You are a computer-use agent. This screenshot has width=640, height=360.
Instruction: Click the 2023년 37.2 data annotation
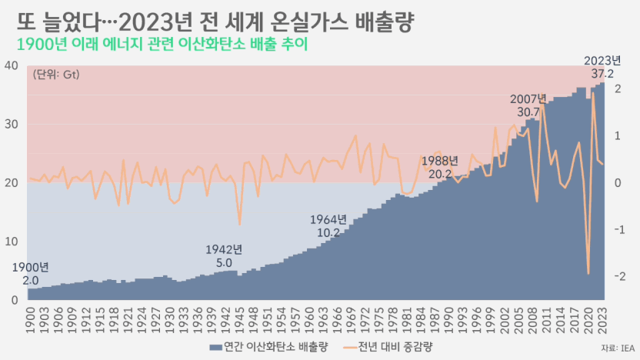tap(602, 67)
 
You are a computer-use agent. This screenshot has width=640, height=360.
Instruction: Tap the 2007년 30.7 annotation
tap(528, 105)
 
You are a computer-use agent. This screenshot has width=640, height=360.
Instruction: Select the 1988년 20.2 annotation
tap(439, 168)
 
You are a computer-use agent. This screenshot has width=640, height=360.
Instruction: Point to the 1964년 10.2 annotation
tap(328, 225)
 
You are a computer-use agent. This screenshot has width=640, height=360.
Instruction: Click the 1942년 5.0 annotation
tap(224, 256)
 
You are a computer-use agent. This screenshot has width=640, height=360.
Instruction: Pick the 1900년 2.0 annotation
tap(30, 274)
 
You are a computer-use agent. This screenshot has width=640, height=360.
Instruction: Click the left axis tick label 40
tap(12, 65)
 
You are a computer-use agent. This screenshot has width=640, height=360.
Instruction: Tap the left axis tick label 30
tap(12, 125)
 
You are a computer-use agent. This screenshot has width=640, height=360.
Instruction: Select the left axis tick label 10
tap(12, 242)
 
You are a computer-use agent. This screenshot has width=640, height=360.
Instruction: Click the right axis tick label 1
tap(618, 135)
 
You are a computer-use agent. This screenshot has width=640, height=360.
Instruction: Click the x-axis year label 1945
tap(239, 320)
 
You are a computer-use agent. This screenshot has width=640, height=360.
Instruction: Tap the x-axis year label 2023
tap(602, 320)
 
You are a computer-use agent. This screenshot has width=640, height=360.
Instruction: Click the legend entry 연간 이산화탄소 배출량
tap(269, 348)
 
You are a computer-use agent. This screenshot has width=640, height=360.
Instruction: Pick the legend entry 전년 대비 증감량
tap(388, 348)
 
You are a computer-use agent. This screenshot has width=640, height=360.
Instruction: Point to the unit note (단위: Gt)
tap(56, 75)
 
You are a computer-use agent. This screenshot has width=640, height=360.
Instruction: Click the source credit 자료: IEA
tap(618, 348)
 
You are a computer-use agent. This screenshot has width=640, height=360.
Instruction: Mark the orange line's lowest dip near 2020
tap(588, 274)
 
